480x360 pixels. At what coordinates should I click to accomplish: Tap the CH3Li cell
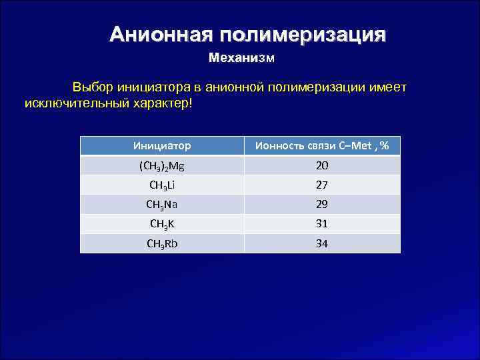click(x=162, y=185)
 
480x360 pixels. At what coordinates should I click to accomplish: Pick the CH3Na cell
click(x=162, y=205)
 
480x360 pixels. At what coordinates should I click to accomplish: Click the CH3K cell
click(x=162, y=224)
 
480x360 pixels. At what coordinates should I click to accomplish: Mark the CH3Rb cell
click(x=162, y=243)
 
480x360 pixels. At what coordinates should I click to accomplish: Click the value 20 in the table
click(x=322, y=165)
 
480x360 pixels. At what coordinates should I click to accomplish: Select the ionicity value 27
click(x=322, y=185)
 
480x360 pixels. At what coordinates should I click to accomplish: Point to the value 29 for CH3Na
click(x=322, y=205)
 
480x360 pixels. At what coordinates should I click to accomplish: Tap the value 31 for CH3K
click(x=322, y=224)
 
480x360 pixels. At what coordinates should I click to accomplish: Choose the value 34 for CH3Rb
click(x=322, y=243)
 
